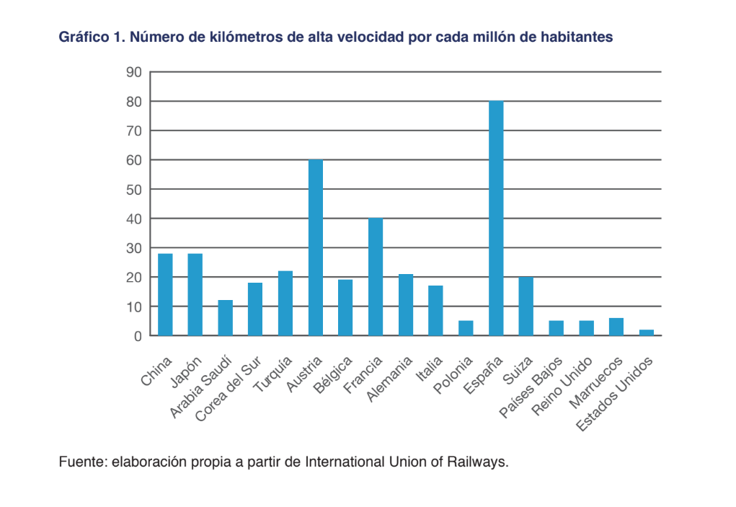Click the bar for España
pyautogui.click(x=496, y=219)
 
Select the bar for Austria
pyautogui.click(x=316, y=247)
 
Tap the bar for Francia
pyautogui.click(x=376, y=277)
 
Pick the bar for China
pyautogui.click(x=165, y=294)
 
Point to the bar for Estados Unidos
pyautogui.click(x=647, y=332)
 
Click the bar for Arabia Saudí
pyautogui.click(x=225, y=318)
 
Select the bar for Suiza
pyautogui.click(x=526, y=307)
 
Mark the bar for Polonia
pyautogui.click(x=466, y=328)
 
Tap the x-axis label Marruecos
pyautogui.click(x=595, y=379)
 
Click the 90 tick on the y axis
pyautogui.click(x=134, y=72)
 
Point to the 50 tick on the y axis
pyautogui.click(x=134, y=190)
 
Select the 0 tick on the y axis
pyautogui.click(x=137, y=336)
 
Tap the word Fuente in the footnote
pyautogui.click(x=83, y=462)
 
